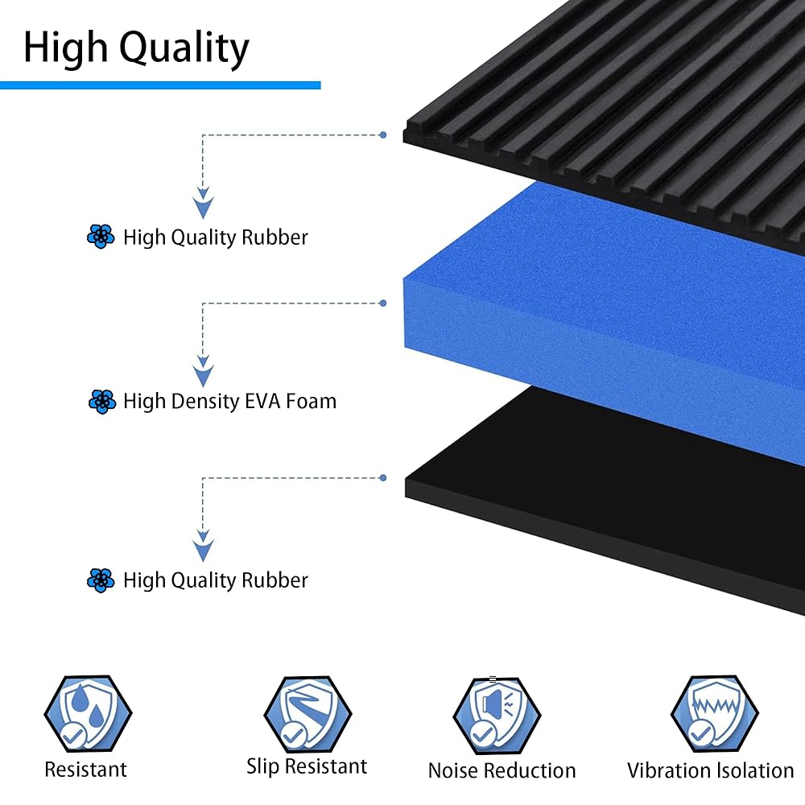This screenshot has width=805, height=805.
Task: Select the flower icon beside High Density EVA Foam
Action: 101,401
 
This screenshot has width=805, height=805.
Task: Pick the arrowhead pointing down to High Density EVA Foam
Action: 204,375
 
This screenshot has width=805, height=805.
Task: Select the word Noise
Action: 454,770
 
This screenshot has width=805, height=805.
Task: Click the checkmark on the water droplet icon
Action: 72,733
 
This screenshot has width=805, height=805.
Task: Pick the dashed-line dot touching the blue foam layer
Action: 382,303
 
